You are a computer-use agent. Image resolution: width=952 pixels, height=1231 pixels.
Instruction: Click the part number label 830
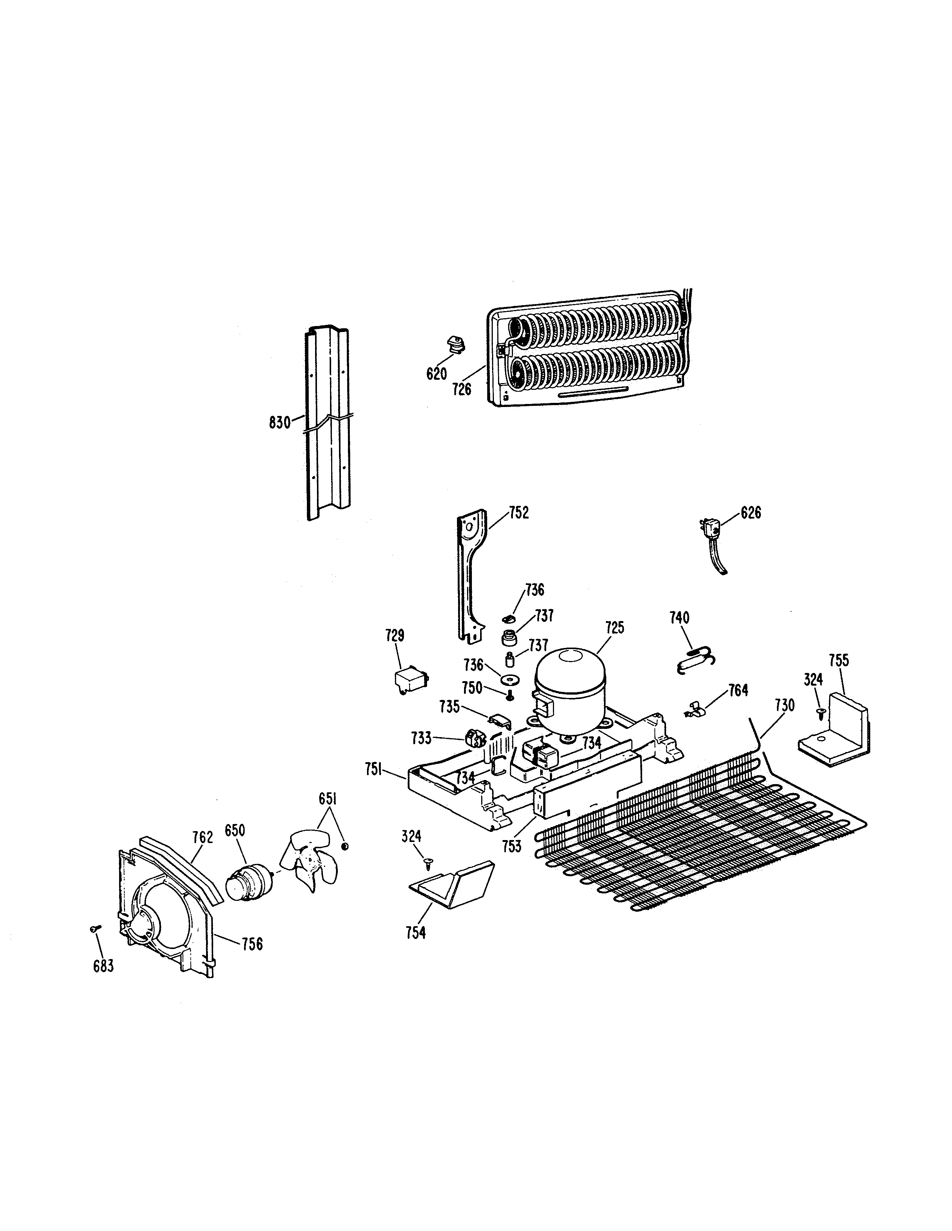pyautogui.click(x=279, y=422)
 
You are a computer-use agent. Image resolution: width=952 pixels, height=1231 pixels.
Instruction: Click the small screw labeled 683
pyautogui.click(x=94, y=928)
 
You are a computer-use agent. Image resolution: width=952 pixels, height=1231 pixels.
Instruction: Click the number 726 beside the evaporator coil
pyautogui.click(x=461, y=389)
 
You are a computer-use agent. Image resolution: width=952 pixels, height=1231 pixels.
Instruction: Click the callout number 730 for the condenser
pyautogui.click(x=784, y=705)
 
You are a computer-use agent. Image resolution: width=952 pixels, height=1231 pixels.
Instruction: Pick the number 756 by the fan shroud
pyautogui.click(x=252, y=943)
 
